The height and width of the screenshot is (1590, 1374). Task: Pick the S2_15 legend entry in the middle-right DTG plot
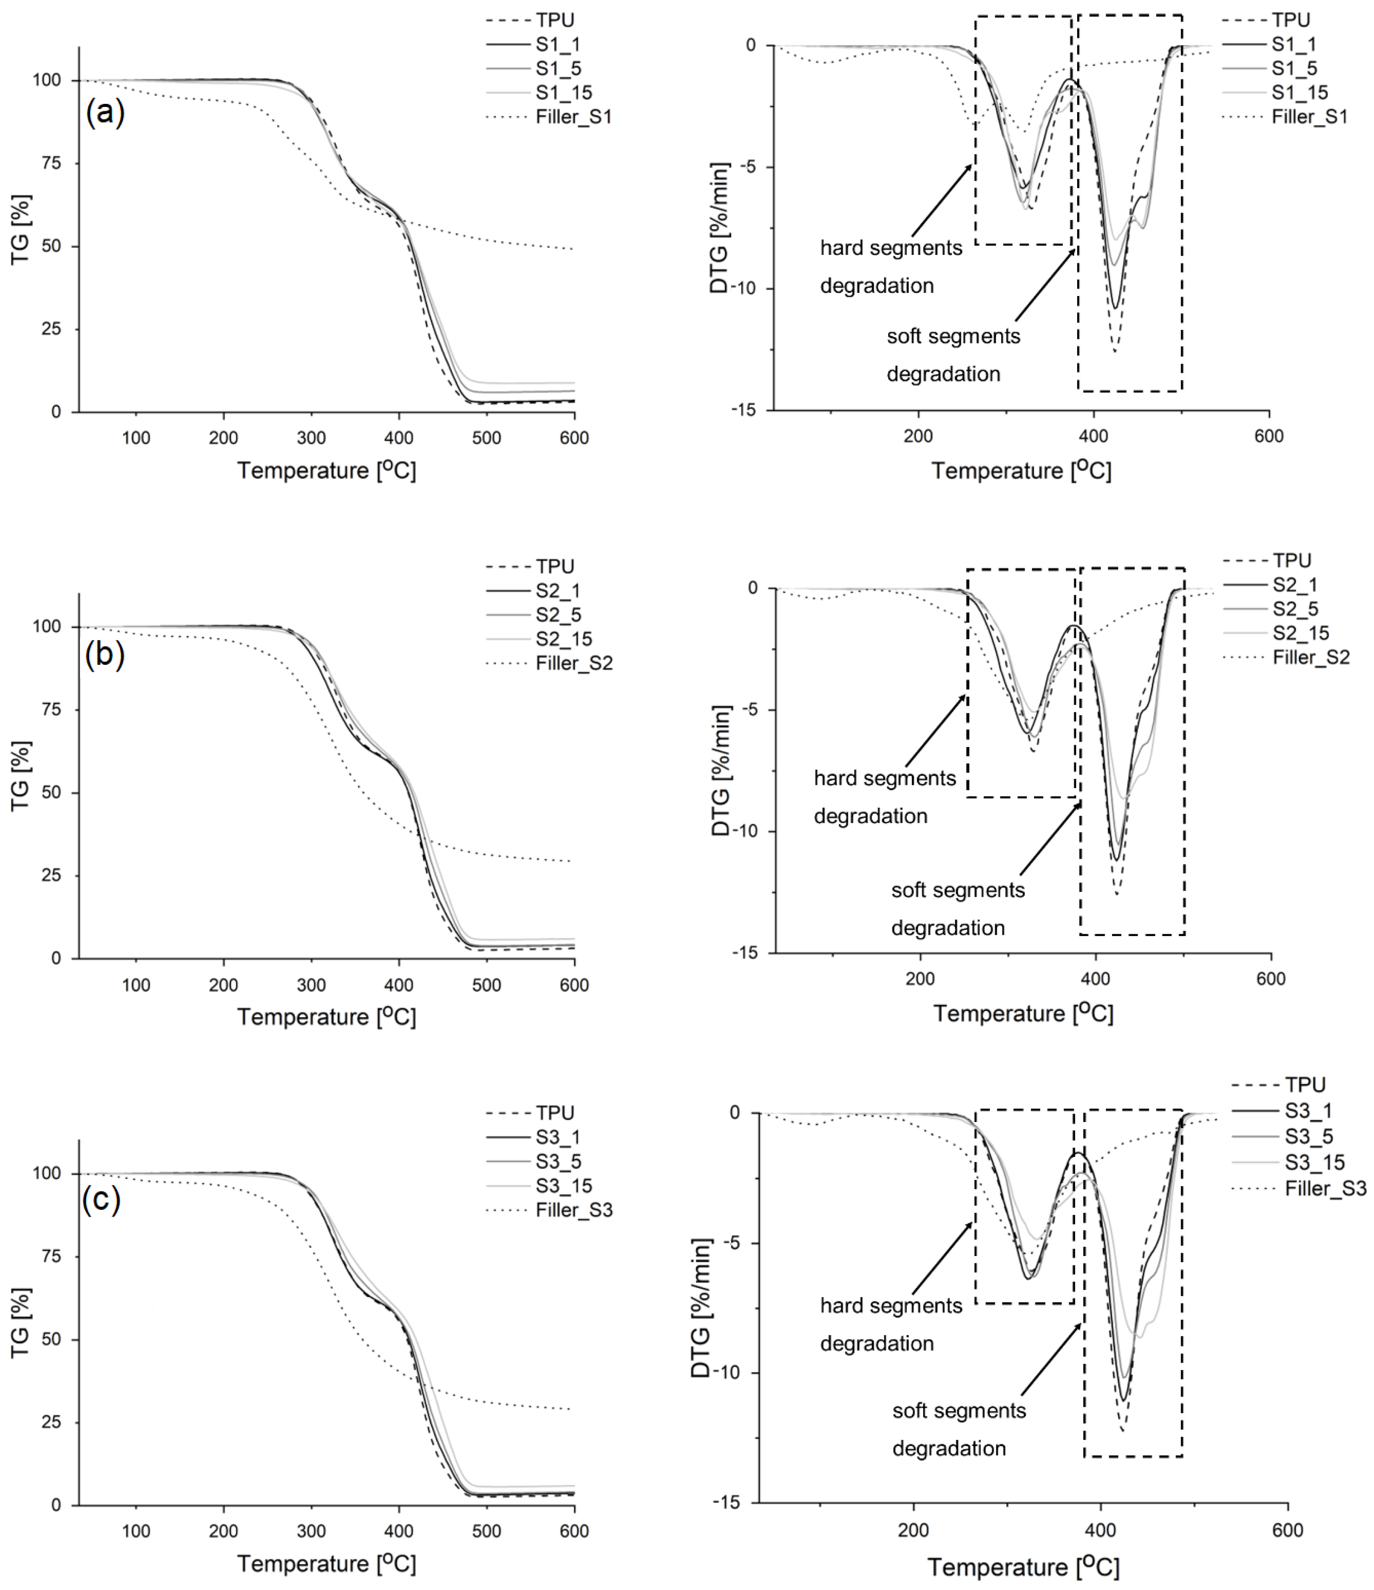(1311, 633)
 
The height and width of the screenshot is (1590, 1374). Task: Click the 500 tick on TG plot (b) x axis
(486, 984)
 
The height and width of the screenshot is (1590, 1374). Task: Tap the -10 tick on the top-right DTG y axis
(742, 289)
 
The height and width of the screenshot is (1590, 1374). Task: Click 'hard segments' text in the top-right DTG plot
(891, 248)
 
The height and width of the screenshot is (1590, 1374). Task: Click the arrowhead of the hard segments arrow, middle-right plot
(965, 695)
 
